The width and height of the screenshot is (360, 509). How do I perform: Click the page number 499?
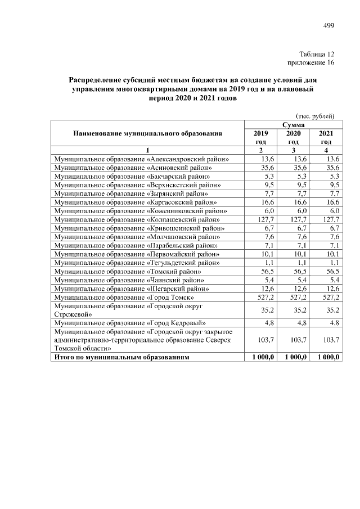pyautogui.click(x=328, y=25)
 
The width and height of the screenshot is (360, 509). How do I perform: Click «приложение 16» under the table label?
pyautogui.click(x=311, y=63)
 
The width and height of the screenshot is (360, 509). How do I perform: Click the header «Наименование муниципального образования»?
pyautogui.click(x=147, y=134)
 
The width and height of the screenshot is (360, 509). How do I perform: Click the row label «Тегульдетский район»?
pyautogui.click(x=137, y=262)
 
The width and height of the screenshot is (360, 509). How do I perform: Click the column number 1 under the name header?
pyautogui.click(x=147, y=151)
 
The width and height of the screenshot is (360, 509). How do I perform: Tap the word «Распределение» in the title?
pyautogui.click(x=97, y=80)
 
